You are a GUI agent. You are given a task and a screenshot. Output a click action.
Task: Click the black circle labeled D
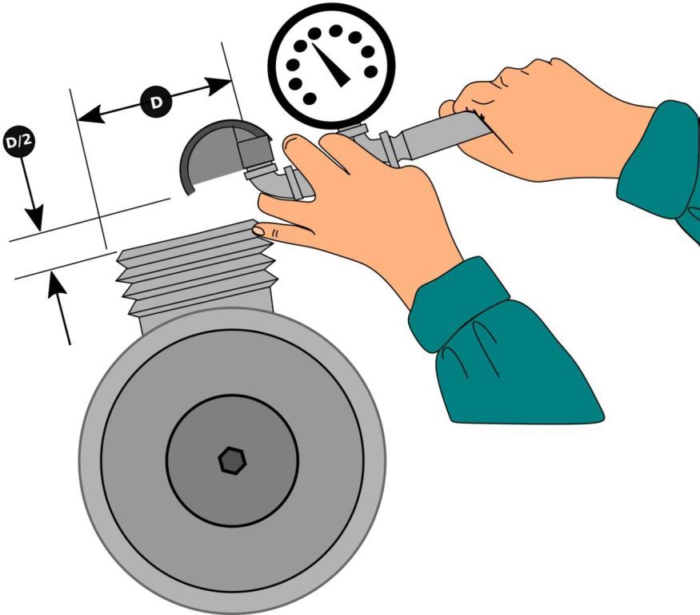point(156,102)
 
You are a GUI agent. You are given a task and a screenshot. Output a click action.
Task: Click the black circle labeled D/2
point(18,142)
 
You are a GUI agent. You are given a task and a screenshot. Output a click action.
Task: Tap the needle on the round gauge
point(331,64)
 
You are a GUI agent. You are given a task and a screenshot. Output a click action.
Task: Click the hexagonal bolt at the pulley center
point(232,460)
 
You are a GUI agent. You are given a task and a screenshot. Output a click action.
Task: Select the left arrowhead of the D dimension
point(91,115)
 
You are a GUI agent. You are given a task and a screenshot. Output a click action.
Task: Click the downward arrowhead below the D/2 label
point(34,217)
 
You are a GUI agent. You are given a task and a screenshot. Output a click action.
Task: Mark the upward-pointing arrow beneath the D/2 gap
point(60,307)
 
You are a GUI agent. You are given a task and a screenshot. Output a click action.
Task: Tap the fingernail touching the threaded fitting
point(258,231)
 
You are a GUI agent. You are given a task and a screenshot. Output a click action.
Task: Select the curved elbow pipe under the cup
point(277,181)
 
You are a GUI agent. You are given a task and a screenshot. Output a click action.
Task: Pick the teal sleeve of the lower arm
point(500,348)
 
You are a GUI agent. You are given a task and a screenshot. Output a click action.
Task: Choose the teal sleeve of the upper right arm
point(661,166)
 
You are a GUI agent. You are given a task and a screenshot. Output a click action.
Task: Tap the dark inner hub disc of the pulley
point(232,460)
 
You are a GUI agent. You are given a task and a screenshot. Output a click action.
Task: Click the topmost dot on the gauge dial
point(336,30)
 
